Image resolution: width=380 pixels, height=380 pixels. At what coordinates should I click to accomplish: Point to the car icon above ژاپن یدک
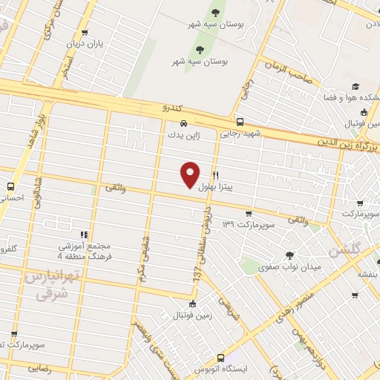pyautogui.click(x=183, y=124)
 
